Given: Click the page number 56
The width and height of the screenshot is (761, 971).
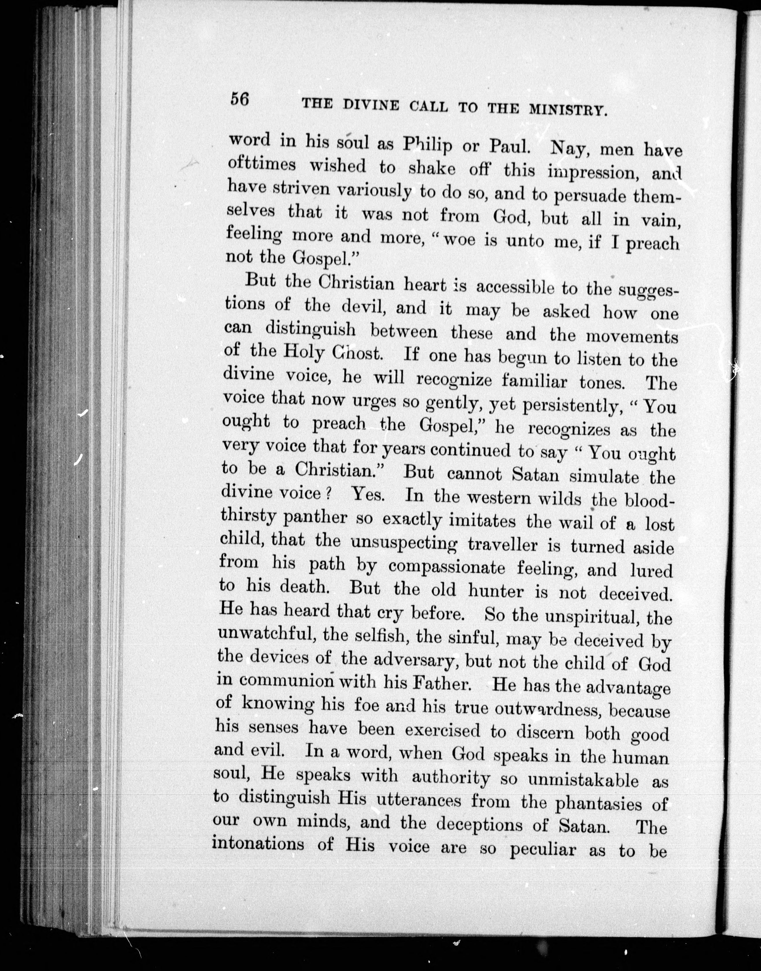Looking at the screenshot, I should point(239,99).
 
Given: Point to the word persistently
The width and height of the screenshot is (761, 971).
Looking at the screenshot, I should point(566,405).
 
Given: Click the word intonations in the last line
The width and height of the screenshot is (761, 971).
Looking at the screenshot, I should point(258,843).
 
